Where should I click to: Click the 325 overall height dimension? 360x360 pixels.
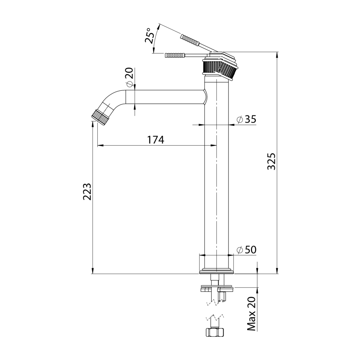(x=272, y=161)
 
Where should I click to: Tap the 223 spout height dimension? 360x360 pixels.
(x=87, y=192)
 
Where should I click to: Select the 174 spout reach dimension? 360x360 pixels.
(x=156, y=140)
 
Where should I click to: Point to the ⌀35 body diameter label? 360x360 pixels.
(x=246, y=120)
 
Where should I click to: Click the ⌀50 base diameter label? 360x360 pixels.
(x=246, y=250)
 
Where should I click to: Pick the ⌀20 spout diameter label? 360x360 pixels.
(x=129, y=77)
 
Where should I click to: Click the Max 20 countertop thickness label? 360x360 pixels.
(x=252, y=314)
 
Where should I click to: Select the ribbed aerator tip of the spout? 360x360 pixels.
(x=99, y=117)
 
